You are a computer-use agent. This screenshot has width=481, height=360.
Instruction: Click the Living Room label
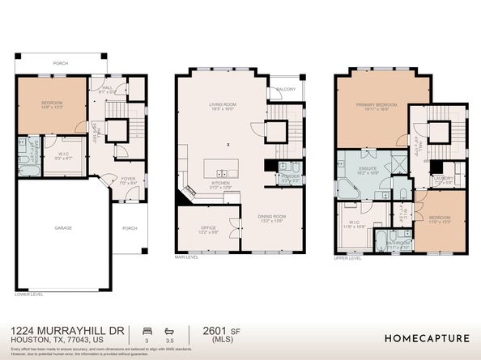tap(222, 104)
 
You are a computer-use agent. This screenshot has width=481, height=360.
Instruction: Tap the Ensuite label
tap(368, 170)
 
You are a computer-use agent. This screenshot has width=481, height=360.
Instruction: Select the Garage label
tap(63, 228)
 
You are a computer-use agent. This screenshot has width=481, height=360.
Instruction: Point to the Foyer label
tap(128, 180)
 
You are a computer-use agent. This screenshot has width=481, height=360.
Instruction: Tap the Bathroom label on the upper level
tap(397, 241)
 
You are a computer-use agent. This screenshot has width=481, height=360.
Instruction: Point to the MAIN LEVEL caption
tap(187, 258)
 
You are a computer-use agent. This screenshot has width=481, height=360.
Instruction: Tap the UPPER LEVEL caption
tap(346, 258)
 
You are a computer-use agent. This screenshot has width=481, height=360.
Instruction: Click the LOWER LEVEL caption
tap(29, 294)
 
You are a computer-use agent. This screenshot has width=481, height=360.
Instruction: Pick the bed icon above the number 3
tap(146, 331)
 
